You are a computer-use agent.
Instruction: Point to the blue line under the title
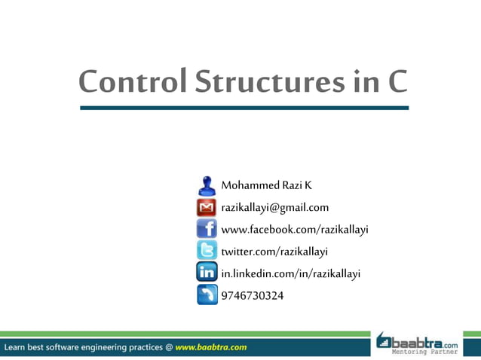coord(244,108)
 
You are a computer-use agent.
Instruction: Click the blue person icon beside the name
coord(207,185)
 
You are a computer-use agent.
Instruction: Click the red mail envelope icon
coord(207,207)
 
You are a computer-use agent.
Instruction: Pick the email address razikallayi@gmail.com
coord(274,207)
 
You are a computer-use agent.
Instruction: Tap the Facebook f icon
coord(207,229)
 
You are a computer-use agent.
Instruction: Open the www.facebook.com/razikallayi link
coord(294,229)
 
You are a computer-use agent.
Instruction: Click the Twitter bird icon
coord(207,251)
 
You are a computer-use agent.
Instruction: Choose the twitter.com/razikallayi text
coord(274,251)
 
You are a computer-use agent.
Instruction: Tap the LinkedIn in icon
coord(207,273)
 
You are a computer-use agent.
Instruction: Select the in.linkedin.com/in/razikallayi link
coord(290,273)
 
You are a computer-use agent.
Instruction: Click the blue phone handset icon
coord(207,294)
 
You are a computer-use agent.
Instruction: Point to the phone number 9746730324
coord(253,295)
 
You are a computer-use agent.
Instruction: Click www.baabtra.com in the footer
coord(210,347)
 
